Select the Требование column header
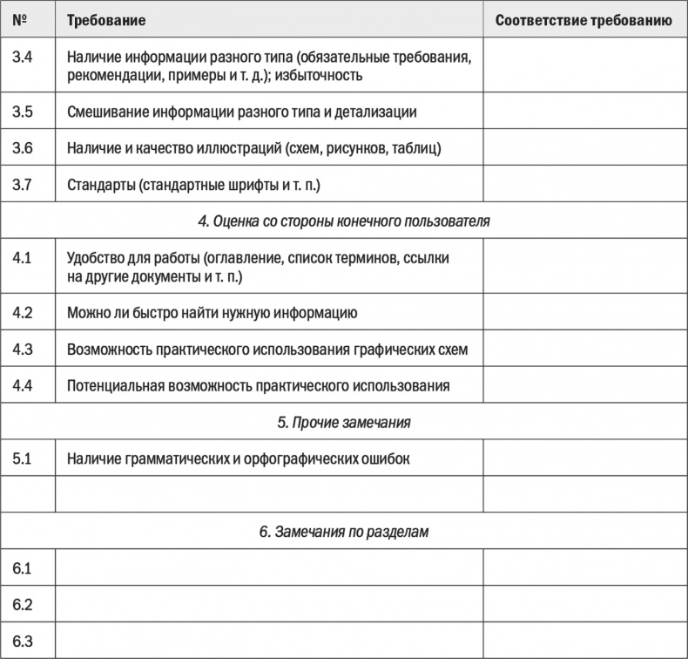106,19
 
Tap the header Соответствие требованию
583,19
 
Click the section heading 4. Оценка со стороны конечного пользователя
343,221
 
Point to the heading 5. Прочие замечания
343,422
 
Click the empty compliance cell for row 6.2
583,604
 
